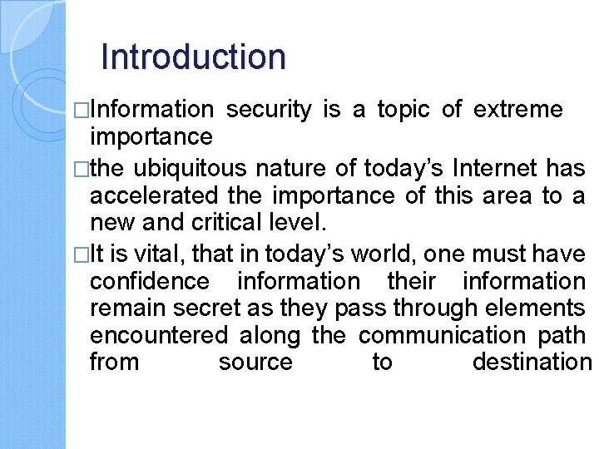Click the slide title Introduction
(193, 57)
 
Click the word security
(269, 109)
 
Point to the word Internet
(495, 169)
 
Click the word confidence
(149, 282)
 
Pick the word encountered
(158, 335)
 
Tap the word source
(255, 363)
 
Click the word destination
(532, 363)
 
